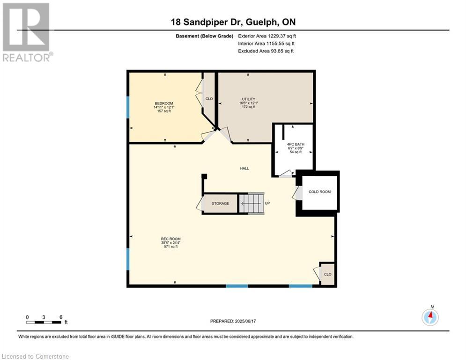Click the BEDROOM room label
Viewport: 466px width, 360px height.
(164, 103)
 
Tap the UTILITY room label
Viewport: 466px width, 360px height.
(248, 99)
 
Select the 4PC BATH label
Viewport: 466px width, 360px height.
(296, 144)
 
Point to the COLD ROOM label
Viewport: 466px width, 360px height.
(319, 192)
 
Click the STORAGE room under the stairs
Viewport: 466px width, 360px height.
(220, 203)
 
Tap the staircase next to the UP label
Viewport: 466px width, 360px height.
(251, 203)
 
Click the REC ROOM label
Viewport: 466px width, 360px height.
(170, 239)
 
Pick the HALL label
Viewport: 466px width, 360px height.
(244, 168)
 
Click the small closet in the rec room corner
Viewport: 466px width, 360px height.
(327, 274)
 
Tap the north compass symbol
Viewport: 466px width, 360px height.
(430, 317)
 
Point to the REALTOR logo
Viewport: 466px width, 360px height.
(27, 32)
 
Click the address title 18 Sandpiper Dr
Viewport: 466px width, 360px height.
(206, 22)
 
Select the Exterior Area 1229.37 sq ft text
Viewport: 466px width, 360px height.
(267, 36)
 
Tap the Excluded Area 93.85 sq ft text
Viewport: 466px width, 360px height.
(266, 51)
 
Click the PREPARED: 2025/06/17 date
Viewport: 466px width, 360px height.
(233, 321)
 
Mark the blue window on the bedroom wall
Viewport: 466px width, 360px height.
(128, 107)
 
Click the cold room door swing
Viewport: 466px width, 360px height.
(297, 193)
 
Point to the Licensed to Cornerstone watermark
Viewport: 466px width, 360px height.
(35, 356)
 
